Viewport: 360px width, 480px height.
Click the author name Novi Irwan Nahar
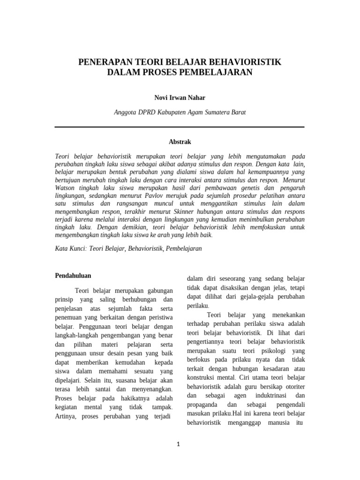(x=180, y=97)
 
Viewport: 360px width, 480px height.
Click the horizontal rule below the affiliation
(x=180, y=127)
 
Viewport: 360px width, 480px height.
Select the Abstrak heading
(x=180, y=142)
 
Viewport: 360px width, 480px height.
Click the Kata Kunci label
(x=71, y=248)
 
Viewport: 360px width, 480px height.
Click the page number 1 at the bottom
(x=179, y=444)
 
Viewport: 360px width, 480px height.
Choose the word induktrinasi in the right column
(x=264, y=396)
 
